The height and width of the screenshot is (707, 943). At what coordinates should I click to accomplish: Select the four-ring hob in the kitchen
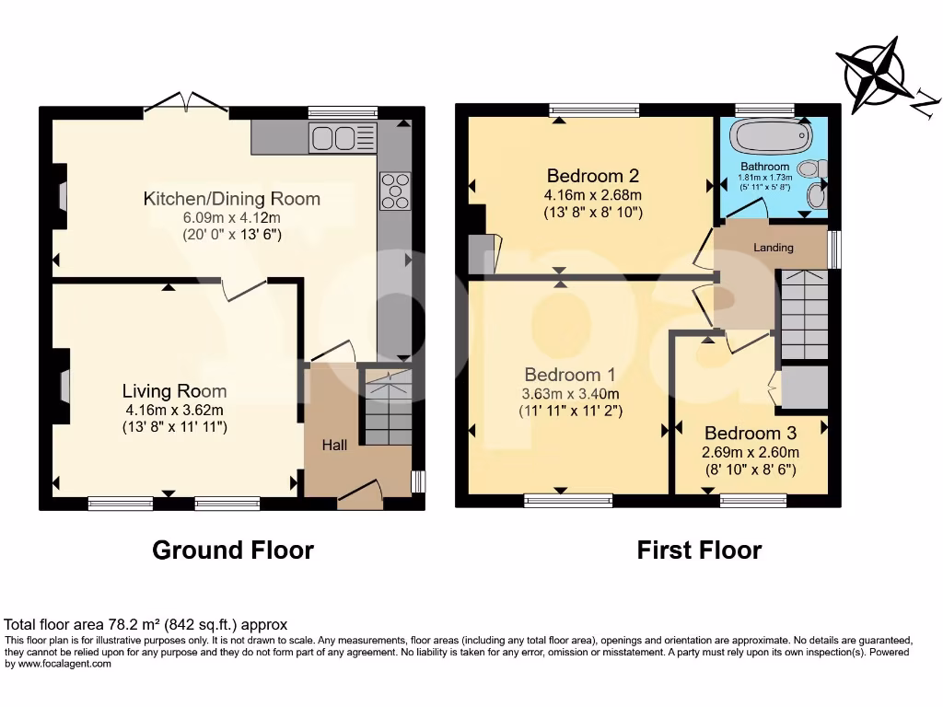[x=393, y=191]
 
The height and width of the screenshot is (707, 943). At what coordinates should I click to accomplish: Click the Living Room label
[x=175, y=392]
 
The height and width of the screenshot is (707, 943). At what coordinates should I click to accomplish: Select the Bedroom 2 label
[x=593, y=176]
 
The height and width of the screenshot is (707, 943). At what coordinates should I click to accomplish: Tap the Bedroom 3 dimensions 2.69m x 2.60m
[x=751, y=452]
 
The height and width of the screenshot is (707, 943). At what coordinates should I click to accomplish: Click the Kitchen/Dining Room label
[x=232, y=199]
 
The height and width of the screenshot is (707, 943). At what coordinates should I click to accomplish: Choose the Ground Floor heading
[x=232, y=551]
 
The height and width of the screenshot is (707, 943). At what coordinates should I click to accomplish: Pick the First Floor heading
[x=699, y=551]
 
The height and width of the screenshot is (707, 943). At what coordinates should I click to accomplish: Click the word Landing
[x=774, y=248]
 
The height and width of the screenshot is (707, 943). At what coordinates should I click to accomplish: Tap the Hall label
[x=334, y=446]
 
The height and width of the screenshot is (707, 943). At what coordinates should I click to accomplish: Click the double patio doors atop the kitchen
[x=188, y=103]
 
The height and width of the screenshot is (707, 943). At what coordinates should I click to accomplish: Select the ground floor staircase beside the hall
[x=385, y=405]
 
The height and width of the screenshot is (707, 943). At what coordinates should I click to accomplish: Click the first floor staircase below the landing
[x=804, y=315]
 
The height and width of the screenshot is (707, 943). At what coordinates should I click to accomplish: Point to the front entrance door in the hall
[x=360, y=494]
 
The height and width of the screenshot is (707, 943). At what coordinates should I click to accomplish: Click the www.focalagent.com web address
[x=64, y=664]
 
